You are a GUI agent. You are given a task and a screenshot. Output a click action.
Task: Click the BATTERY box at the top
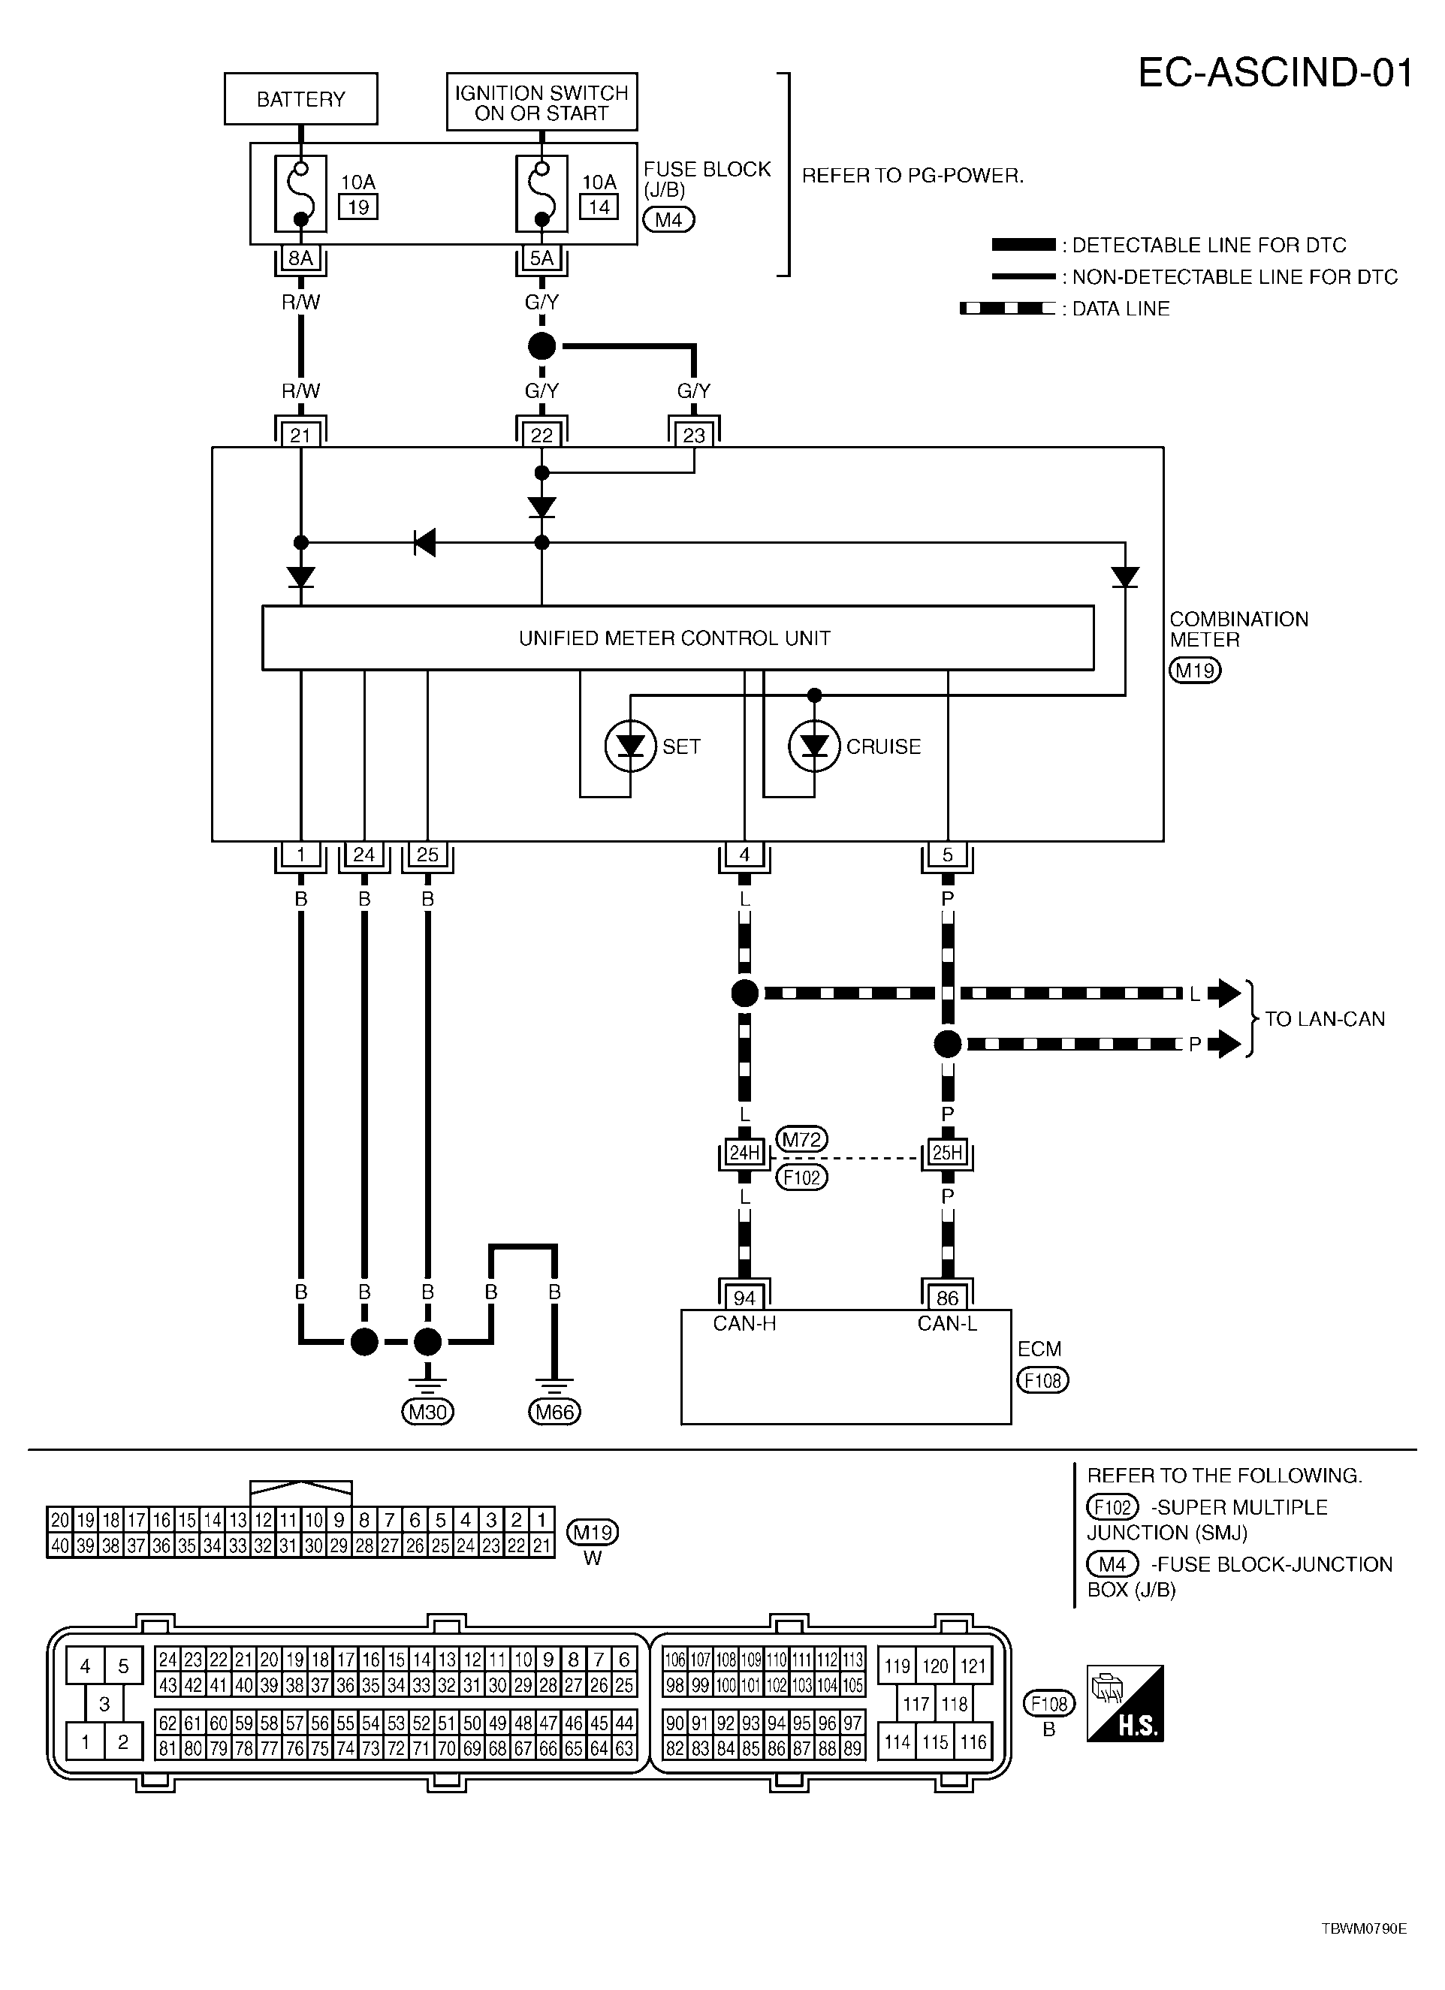coord(301,99)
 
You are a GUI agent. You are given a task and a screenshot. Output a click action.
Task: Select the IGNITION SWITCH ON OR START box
coord(541,103)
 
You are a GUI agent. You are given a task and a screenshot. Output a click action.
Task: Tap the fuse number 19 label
coord(358,207)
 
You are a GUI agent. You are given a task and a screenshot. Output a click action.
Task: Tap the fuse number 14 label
coord(599,207)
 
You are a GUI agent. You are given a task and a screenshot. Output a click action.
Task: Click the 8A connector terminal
coord(301,258)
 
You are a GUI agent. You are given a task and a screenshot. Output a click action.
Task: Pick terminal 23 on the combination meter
coord(694,436)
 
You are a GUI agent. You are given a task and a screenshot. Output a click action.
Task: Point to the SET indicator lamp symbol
coord(631,746)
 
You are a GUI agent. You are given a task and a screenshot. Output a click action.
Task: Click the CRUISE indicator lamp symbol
coord(814,746)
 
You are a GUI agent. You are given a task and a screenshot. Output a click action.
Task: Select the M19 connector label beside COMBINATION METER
coord(1195,671)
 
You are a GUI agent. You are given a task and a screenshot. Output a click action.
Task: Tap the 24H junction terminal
coord(744,1152)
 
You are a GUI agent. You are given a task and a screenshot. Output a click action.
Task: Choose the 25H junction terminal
coord(948,1152)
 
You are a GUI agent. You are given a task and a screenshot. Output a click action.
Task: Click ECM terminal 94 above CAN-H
coord(744,1298)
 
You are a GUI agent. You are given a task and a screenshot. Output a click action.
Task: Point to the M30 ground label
coord(427,1412)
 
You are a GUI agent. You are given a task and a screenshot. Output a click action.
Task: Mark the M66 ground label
coord(554,1412)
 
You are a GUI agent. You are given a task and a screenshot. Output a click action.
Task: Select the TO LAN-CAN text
coord(1324,1019)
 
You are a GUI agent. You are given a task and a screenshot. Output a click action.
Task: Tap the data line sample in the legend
coord(1007,309)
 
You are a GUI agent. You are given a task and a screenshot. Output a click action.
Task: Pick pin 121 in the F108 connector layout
coord(973,1666)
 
